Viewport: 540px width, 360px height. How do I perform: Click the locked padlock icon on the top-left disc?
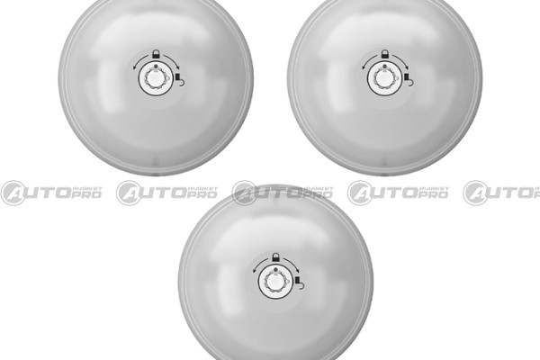pos(157,54)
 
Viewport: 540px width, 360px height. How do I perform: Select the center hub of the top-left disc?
pos(156,78)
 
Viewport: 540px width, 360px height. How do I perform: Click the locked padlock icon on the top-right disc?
pos(385,54)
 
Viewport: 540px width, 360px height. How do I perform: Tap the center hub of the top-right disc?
pos(384,78)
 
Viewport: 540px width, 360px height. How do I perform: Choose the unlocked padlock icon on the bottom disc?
pos(299,286)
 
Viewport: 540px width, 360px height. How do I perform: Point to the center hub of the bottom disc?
pos(275,282)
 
